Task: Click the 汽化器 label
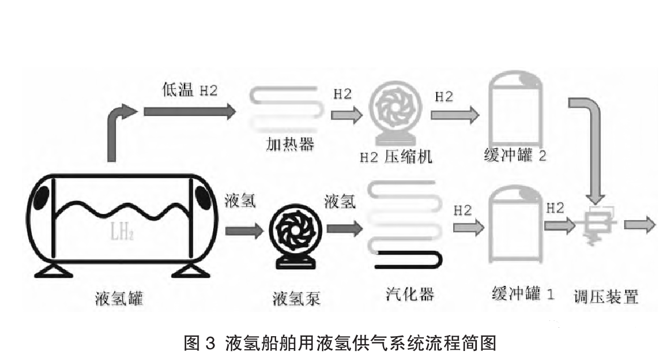point(407,294)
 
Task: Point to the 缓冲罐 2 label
point(515,155)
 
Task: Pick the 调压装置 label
point(606,297)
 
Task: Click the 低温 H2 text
point(188,90)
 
